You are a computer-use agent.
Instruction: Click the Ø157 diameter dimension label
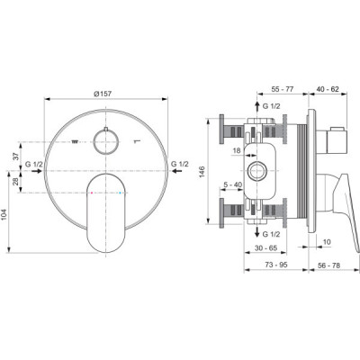tap(103, 94)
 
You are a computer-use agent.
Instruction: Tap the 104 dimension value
tap(4, 215)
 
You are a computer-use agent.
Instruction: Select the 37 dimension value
tap(16, 156)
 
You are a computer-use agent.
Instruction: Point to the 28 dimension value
tap(16, 182)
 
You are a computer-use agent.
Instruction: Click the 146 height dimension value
tap(202, 171)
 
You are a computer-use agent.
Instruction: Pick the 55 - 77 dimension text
tap(283, 89)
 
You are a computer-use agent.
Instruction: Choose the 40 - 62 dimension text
tap(328, 89)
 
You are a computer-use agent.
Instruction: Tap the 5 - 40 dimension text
tap(233, 184)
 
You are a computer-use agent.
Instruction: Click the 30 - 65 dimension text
tap(266, 248)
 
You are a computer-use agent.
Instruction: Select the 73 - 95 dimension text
tap(276, 265)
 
